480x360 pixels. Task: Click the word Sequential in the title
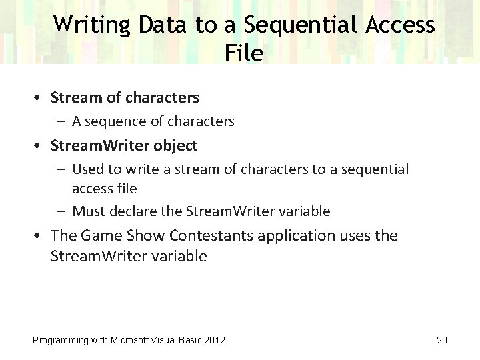[301, 25]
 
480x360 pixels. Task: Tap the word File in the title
[244, 53]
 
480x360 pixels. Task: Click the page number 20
[441, 340]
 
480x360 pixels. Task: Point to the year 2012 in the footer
[214, 340]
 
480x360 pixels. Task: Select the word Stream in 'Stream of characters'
[76, 97]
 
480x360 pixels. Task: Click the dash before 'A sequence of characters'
[62, 121]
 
